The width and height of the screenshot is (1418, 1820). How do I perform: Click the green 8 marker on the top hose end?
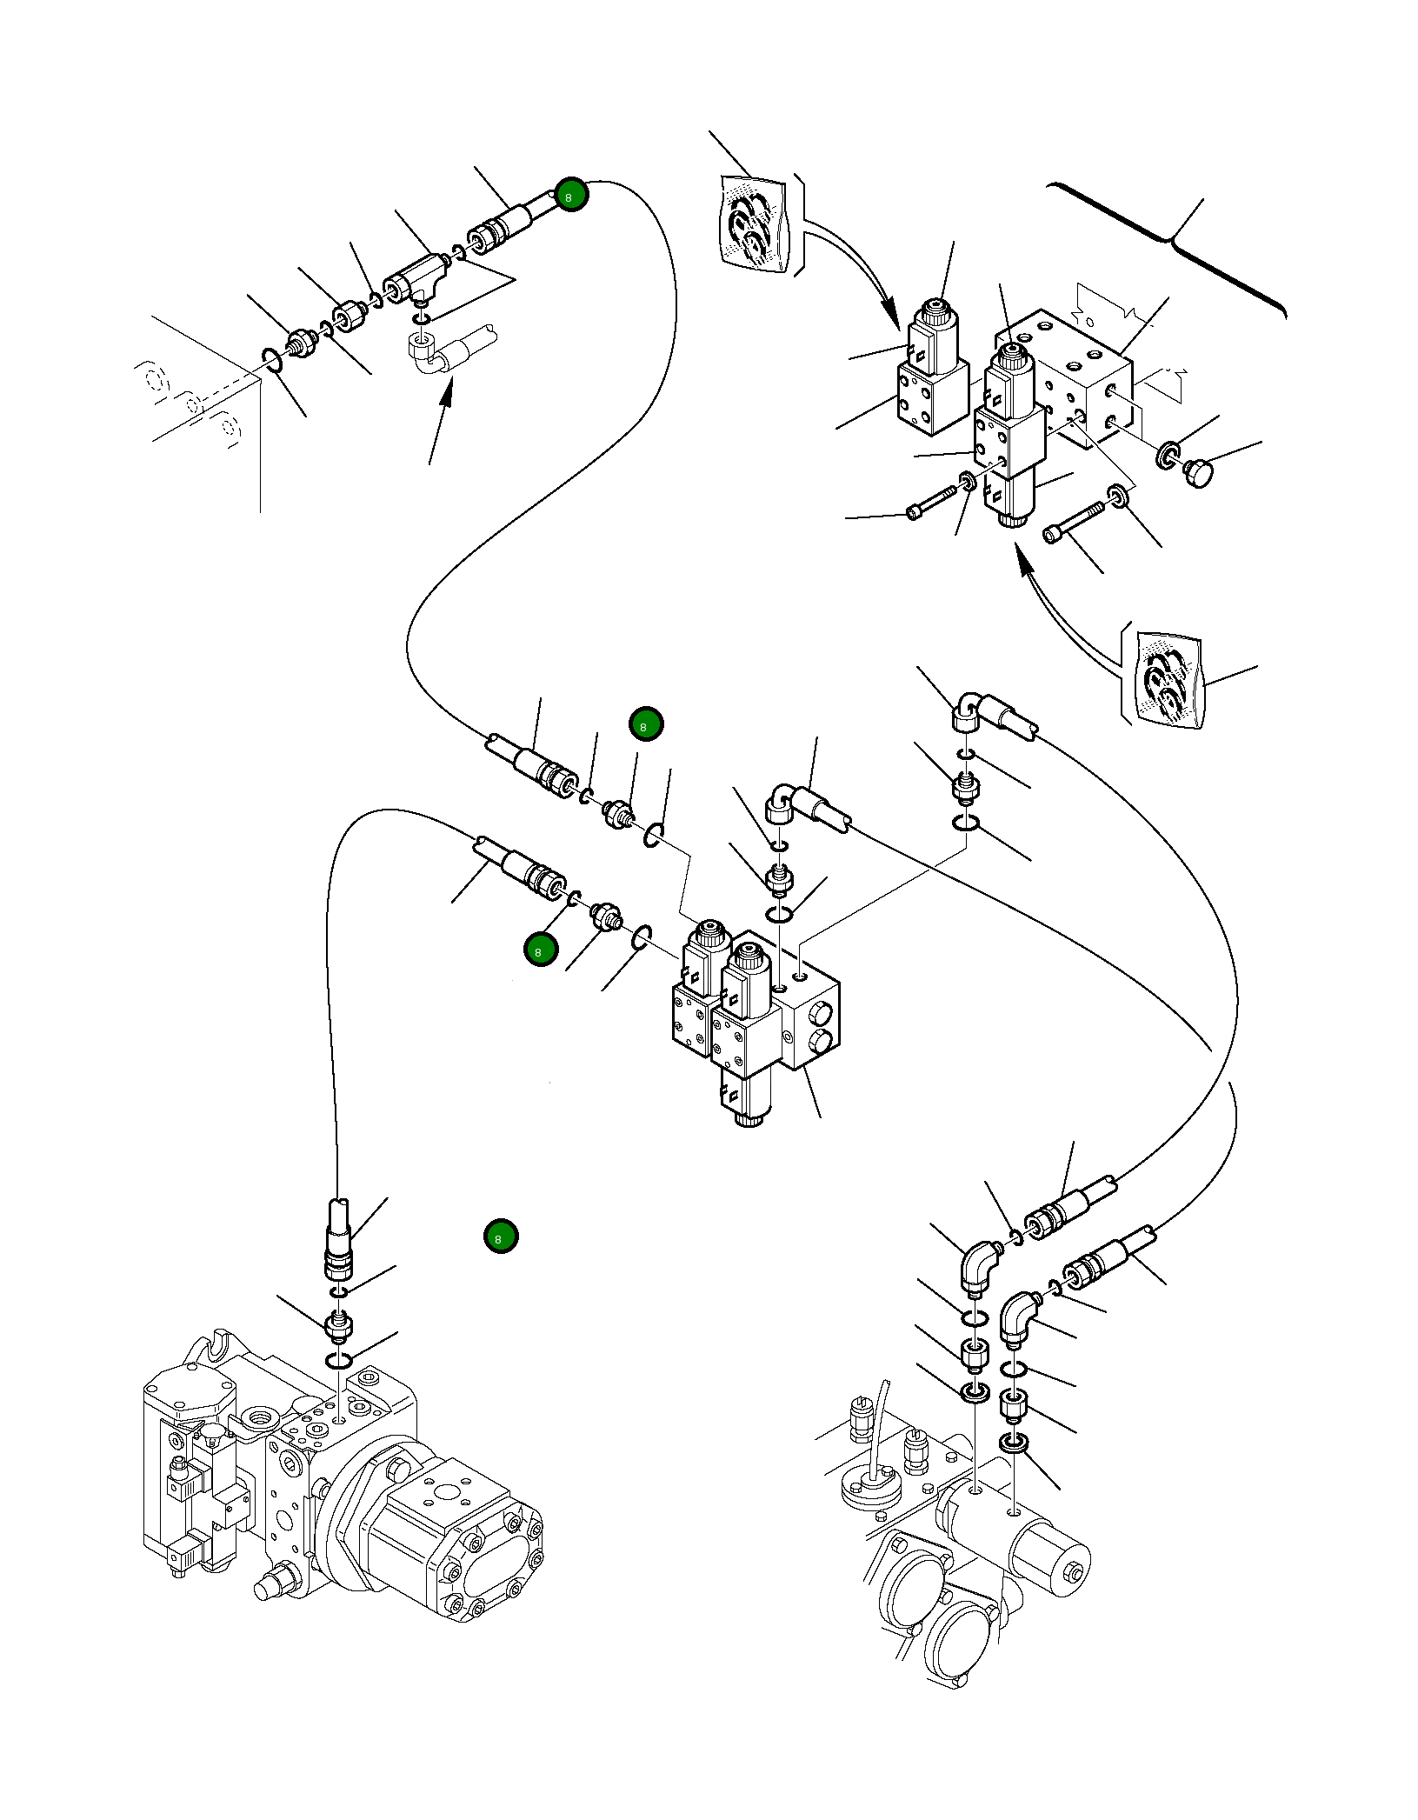pos(571,195)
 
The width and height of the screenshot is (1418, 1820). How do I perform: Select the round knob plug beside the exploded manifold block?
pos(1198,472)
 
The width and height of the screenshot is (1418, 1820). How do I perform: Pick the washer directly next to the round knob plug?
pos(1168,454)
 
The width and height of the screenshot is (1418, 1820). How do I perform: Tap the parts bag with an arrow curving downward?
pos(755,224)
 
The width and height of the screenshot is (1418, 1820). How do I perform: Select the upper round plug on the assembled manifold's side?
pos(818,1012)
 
